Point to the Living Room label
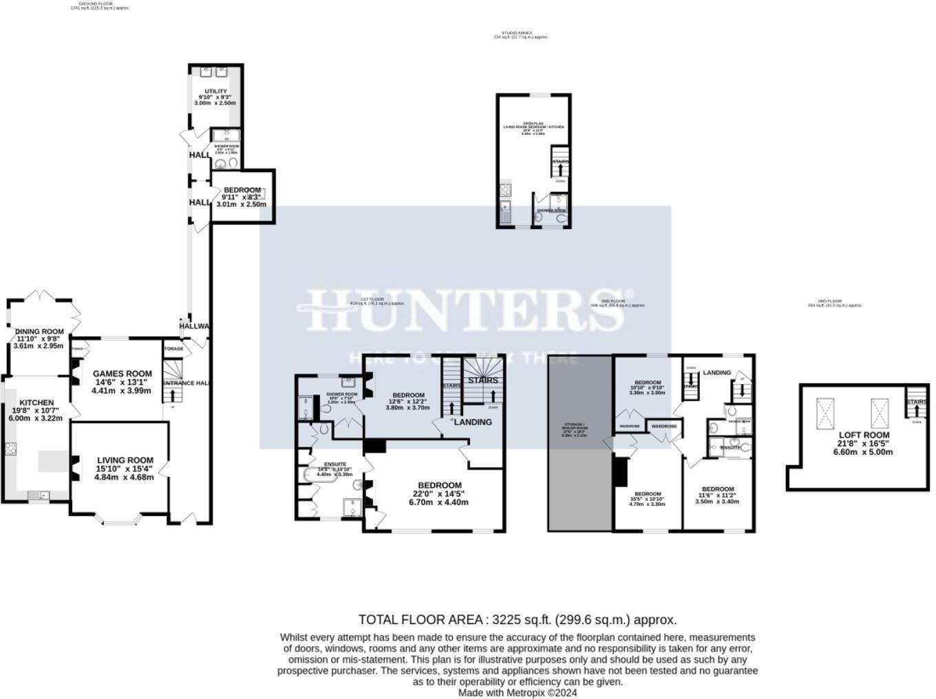click(125, 460)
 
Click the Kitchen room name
click(36, 403)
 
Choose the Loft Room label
click(863, 435)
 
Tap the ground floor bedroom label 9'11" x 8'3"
click(242, 191)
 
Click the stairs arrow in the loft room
click(916, 411)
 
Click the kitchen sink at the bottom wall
click(37, 495)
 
